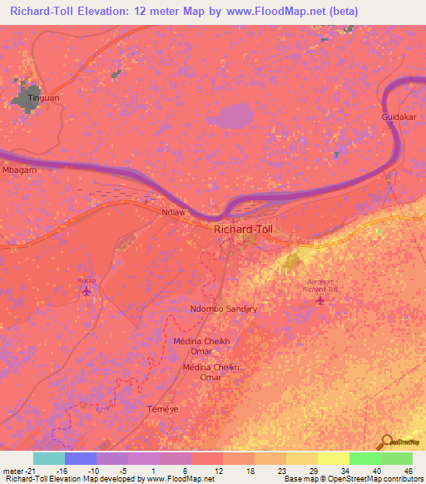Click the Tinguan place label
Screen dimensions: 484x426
point(44,98)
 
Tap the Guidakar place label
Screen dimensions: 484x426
point(398,118)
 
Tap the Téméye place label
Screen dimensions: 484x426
point(162,409)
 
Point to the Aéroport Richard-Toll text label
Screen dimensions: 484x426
point(320,285)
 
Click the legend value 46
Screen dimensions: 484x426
point(408,470)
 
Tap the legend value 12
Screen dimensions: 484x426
point(219,470)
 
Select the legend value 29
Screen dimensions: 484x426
point(314,470)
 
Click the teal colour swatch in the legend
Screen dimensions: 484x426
point(48,458)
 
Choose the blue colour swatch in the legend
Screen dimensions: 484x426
point(80,458)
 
